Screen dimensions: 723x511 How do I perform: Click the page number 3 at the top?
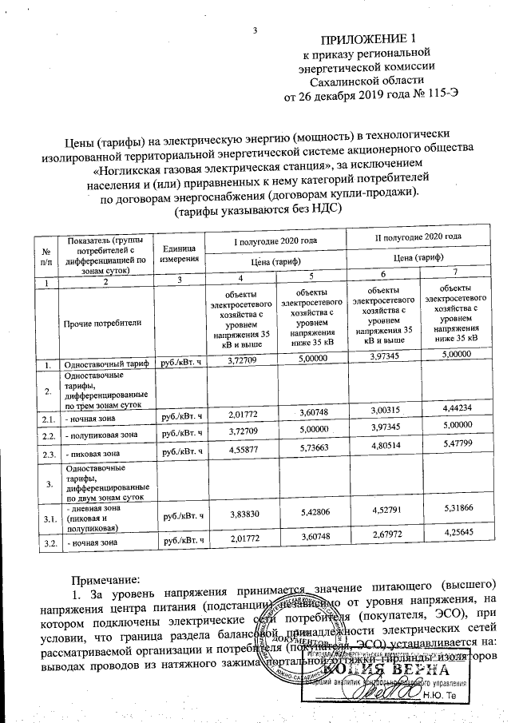(x=254, y=31)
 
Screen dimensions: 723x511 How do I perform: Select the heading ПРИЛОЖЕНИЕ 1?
(x=369, y=39)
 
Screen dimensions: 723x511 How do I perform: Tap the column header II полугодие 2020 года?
(x=418, y=238)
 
